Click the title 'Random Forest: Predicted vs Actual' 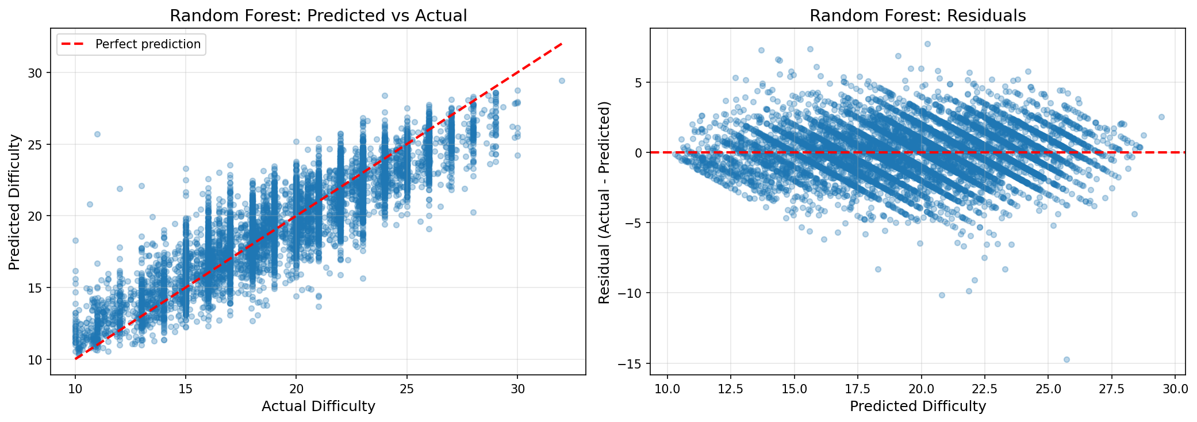318,16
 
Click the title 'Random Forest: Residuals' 918,16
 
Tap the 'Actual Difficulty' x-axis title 318,406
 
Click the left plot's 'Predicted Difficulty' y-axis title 15,202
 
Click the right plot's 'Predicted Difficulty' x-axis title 918,406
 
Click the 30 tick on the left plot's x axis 517,389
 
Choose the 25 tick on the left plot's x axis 407,389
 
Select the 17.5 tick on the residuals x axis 857,389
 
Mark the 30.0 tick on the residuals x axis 1175,389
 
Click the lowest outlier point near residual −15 1066,359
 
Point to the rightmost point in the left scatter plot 562,80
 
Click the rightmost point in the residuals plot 1161,117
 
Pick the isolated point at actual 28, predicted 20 473,212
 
